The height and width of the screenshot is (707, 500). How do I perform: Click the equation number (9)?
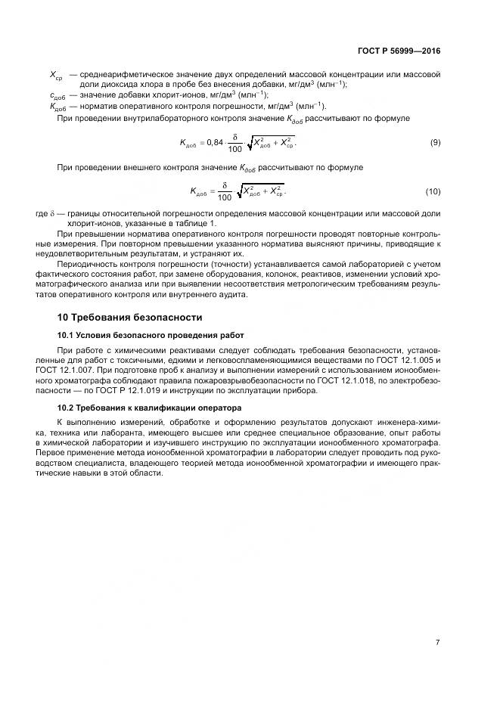pyautogui.click(x=435, y=142)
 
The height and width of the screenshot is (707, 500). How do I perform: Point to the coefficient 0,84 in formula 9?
pyautogui.click(x=215, y=142)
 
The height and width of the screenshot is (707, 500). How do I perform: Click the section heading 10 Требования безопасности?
pyautogui.click(x=130, y=317)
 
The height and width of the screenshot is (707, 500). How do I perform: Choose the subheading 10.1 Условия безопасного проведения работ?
pyautogui.click(x=151, y=335)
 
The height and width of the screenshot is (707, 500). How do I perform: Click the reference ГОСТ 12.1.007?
pyautogui.click(x=76, y=371)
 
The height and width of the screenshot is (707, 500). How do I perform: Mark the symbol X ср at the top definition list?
pyautogui.click(x=56, y=76)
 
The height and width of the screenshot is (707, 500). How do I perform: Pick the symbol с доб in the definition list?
pyautogui.click(x=57, y=95)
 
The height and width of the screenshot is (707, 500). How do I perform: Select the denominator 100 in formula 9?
pyautogui.click(x=234, y=149)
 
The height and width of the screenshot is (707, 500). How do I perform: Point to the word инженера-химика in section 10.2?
pyautogui.click(x=415, y=422)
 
